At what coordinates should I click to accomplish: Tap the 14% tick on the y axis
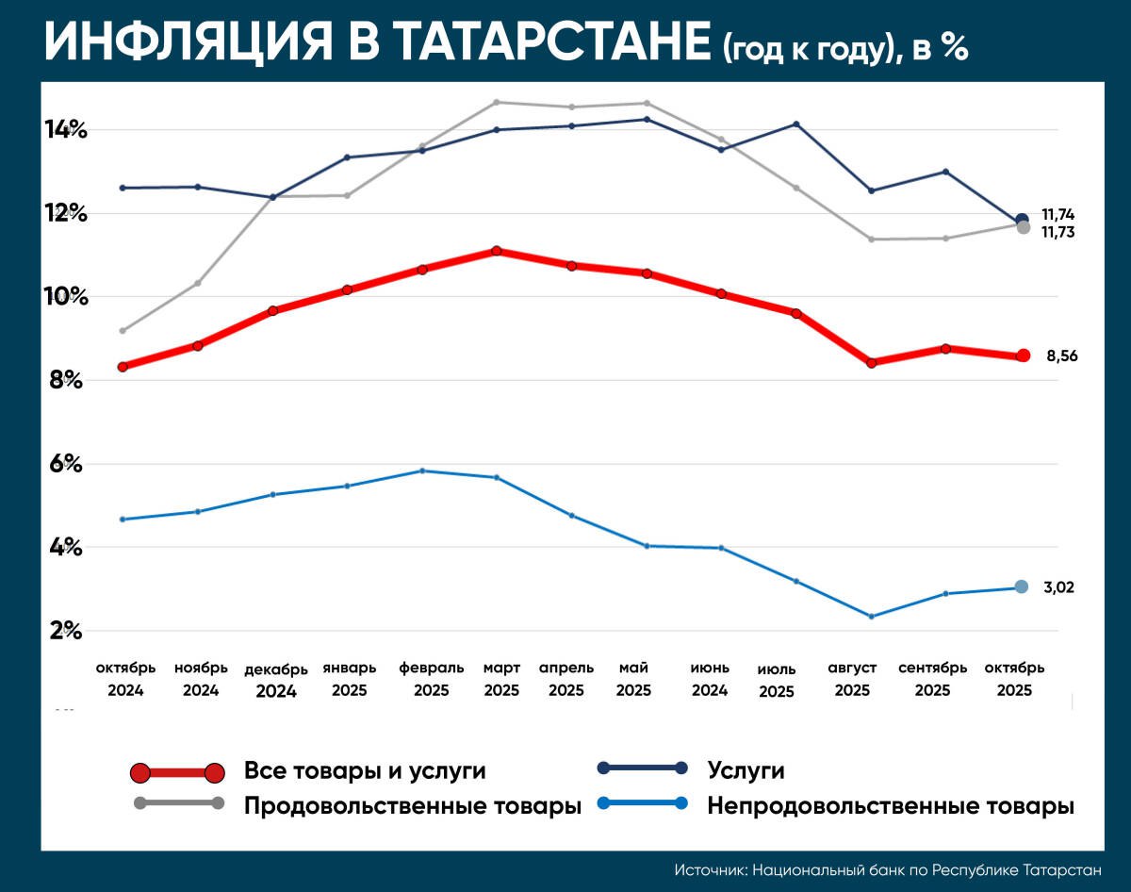(x=65, y=130)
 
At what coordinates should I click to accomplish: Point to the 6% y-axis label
(x=65, y=464)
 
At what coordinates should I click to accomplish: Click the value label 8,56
(x=1061, y=356)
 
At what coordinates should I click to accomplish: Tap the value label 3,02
(x=1058, y=587)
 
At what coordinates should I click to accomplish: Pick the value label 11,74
(x=1058, y=214)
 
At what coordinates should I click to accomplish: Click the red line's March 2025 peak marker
(x=496, y=251)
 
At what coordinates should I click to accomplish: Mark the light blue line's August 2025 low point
(x=871, y=617)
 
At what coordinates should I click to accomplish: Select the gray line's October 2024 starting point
(x=123, y=331)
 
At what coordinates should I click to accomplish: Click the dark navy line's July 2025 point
(x=795, y=124)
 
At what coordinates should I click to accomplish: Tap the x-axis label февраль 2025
(x=432, y=679)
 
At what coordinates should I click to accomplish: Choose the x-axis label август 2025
(x=852, y=679)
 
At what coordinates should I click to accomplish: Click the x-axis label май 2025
(x=633, y=679)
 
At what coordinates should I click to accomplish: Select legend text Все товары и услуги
(x=365, y=770)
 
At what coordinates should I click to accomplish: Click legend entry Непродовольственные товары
(x=891, y=807)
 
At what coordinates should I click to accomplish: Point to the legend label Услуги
(x=746, y=770)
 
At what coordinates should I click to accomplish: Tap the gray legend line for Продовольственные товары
(x=178, y=803)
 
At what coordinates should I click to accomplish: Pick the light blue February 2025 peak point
(x=422, y=471)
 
